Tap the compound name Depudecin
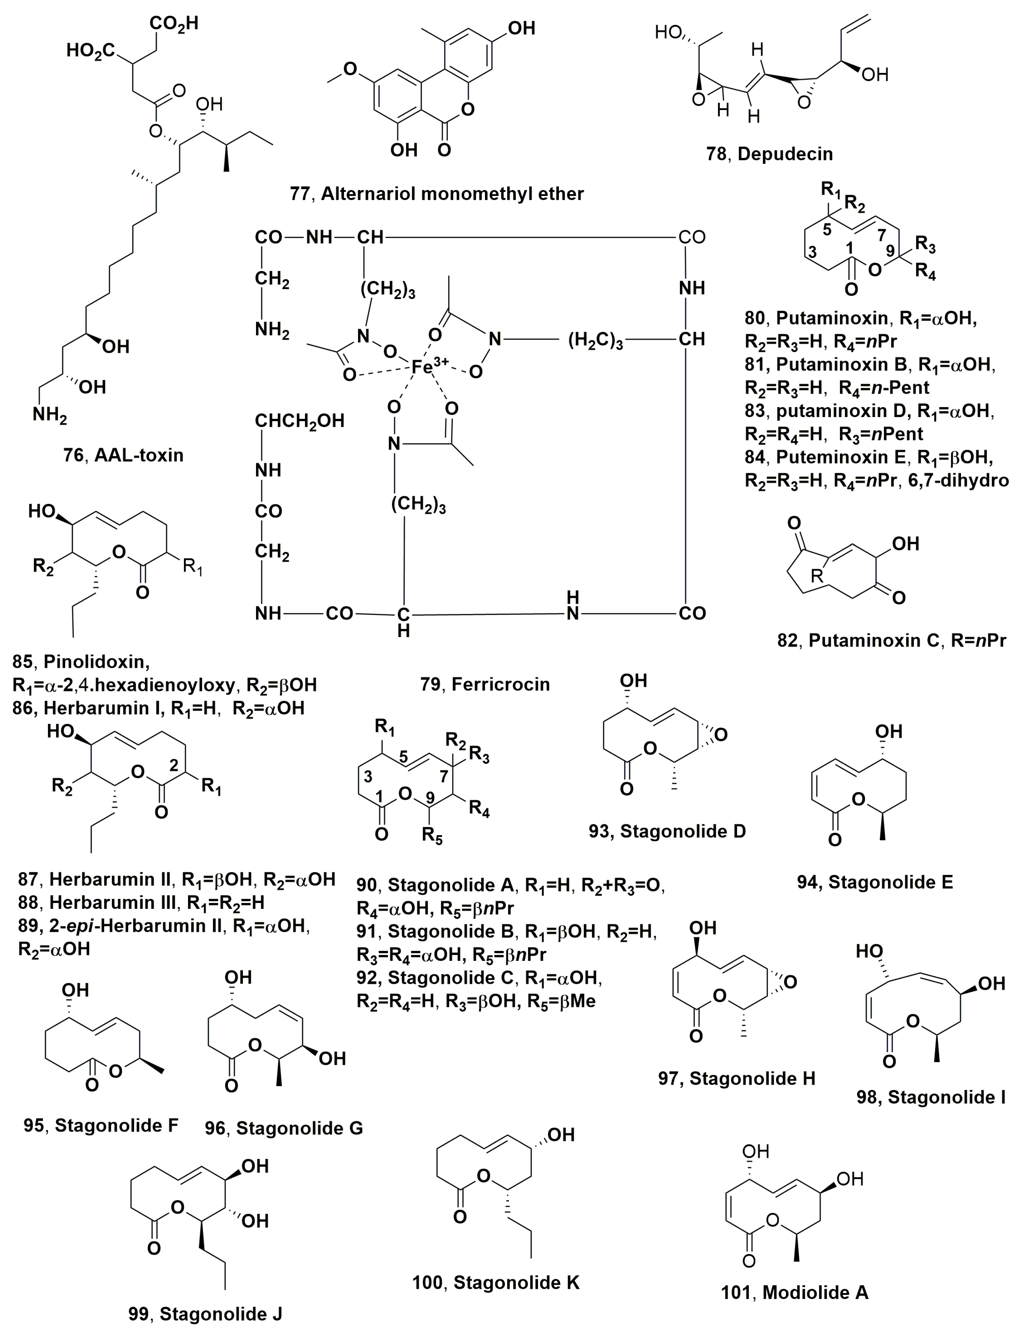(785, 154)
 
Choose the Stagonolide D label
(683, 831)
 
